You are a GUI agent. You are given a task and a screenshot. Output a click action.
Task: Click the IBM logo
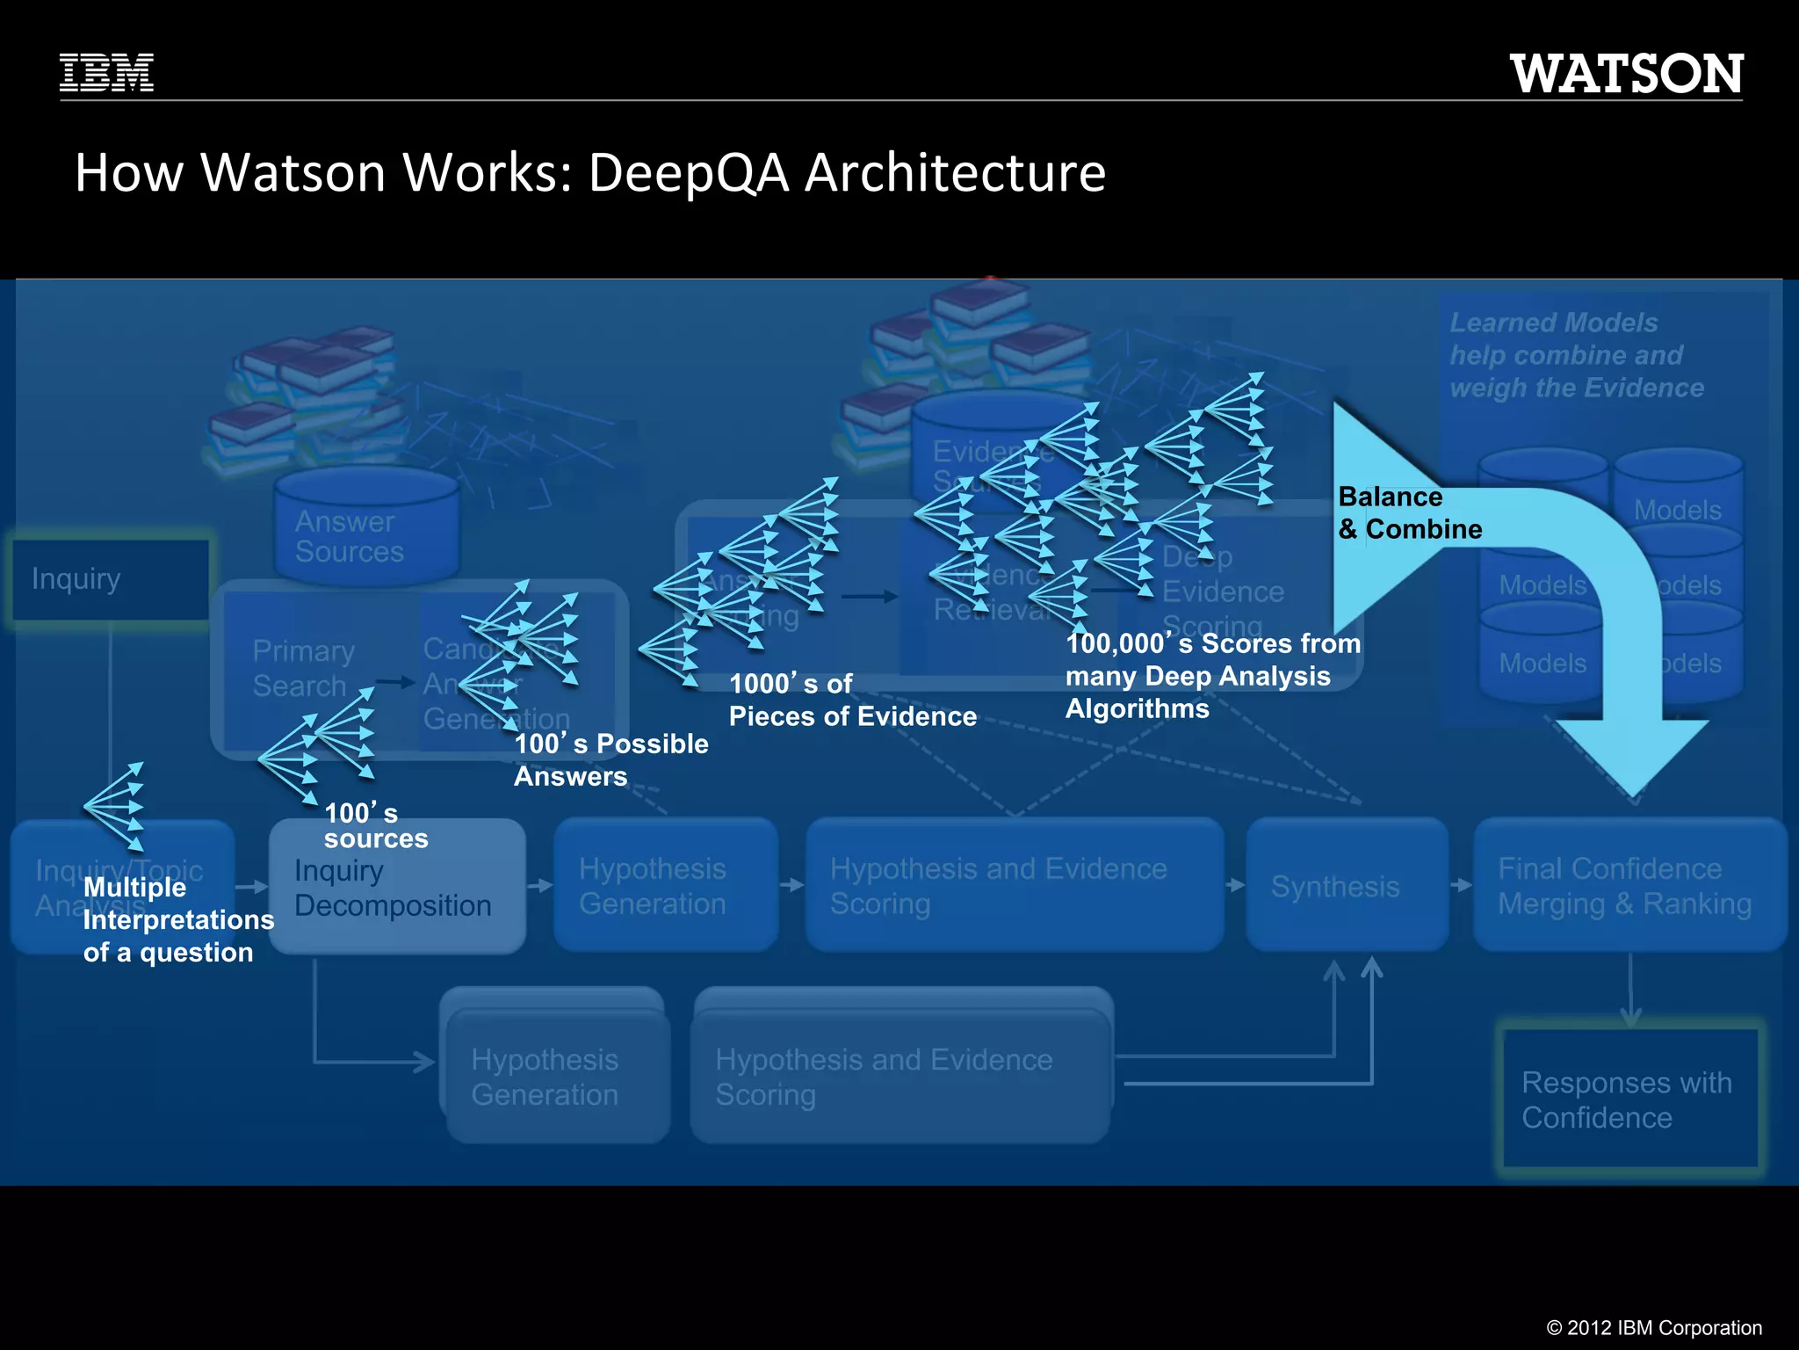[x=106, y=73]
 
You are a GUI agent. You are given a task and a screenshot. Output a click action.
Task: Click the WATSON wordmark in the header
[x=1626, y=74]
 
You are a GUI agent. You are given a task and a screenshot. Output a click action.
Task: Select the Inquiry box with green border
[x=110, y=579]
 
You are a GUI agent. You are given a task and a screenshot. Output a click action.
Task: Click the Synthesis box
[x=1346, y=885]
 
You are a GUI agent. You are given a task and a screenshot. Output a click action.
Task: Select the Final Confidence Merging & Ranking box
[x=1629, y=885]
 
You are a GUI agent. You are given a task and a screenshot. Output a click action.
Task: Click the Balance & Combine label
[x=1409, y=513]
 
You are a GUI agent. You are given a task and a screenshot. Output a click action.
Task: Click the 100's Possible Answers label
[x=611, y=759]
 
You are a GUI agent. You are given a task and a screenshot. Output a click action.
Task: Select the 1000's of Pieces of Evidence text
[x=852, y=700]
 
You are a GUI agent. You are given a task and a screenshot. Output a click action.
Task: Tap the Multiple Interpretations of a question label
[x=177, y=919]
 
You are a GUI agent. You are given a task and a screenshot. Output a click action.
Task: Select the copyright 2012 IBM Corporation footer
[x=1653, y=1327]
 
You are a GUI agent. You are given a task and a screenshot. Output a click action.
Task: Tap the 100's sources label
[x=375, y=825]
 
